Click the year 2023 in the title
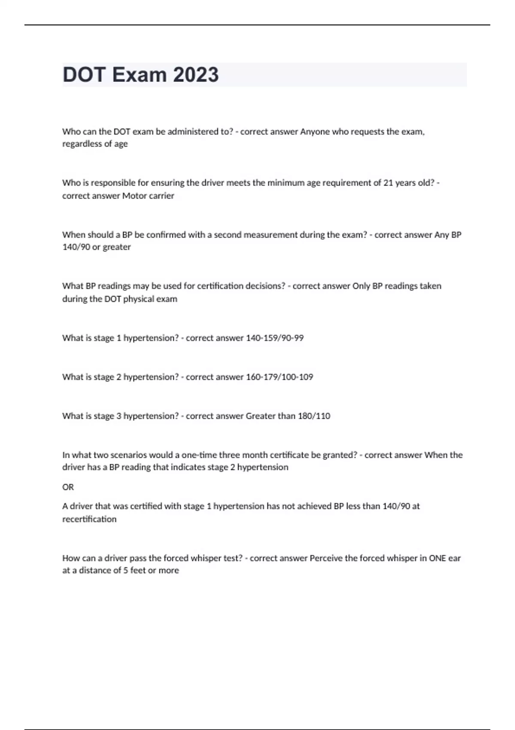196,75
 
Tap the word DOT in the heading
84,75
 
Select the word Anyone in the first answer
315,132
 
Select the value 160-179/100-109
279,377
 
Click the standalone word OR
68,487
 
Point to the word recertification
89,519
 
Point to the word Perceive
326,558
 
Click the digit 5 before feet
126,571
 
